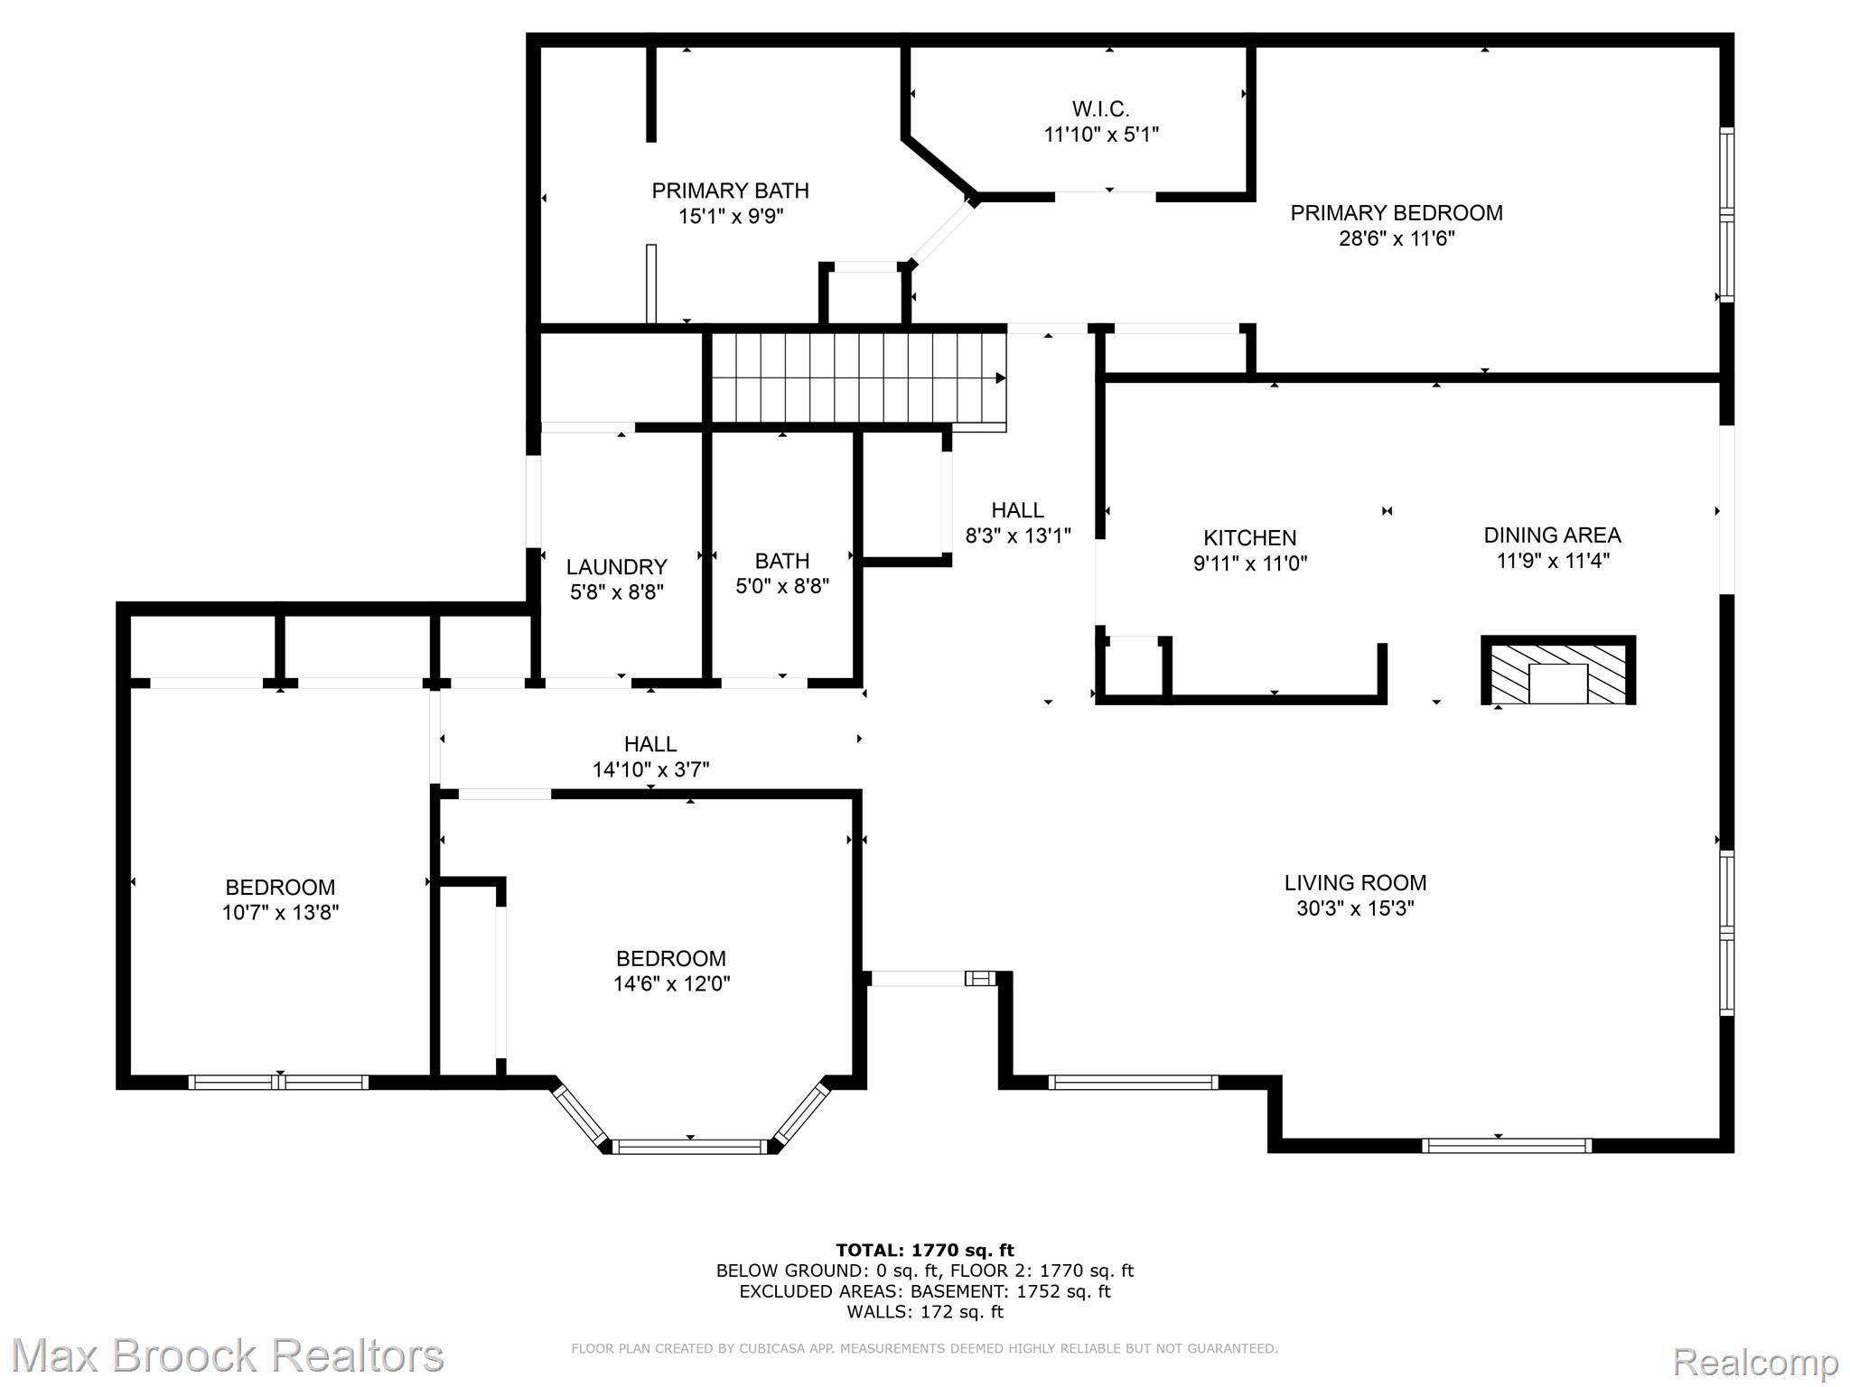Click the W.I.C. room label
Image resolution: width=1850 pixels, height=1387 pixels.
click(x=1100, y=109)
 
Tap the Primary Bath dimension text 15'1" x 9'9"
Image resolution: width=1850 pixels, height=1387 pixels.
click(x=731, y=217)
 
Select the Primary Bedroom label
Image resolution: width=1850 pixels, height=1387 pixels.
click(x=1397, y=213)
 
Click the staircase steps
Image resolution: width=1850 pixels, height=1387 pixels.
click(x=859, y=377)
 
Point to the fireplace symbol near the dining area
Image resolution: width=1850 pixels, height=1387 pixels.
click(x=1558, y=670)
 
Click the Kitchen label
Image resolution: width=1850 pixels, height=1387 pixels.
click(x=1250, y=538)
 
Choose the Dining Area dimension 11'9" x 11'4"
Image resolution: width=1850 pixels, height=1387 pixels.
click(x=1553, y=561)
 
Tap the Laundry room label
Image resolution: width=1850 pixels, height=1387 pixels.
click(x=617, y=567)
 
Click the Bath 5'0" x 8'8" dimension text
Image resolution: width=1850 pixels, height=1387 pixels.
click(x=782, y=587)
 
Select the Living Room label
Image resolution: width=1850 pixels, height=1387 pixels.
click(x=1356, y=883)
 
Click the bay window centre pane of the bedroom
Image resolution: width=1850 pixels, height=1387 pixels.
click(x=690, y=1147)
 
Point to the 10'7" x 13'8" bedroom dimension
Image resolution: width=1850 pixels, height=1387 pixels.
click(x=281, y=913)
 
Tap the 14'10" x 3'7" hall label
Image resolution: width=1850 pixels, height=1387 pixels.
click(x=650, y=770)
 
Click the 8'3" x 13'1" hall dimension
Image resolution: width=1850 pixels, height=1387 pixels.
click(x=1018, y=536)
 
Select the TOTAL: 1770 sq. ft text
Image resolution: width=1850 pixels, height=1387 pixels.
click(x=925, y=1251)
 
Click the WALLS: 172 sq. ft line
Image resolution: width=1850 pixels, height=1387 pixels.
click(x=925, y=1312)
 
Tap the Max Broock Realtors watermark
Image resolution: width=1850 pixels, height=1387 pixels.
click(x=227, y=1355)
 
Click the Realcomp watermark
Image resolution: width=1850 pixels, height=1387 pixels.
click(x=1755, y=1361)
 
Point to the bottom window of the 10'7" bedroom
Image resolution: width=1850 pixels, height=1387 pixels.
click(x=279, y=1082)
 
